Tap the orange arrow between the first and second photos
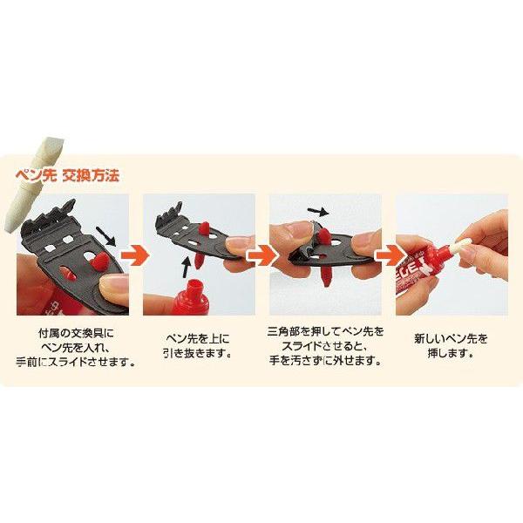[133, 255]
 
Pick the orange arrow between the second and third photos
[259, 255]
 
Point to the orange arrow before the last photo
[384, 255]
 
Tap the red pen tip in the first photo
[98, 260]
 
